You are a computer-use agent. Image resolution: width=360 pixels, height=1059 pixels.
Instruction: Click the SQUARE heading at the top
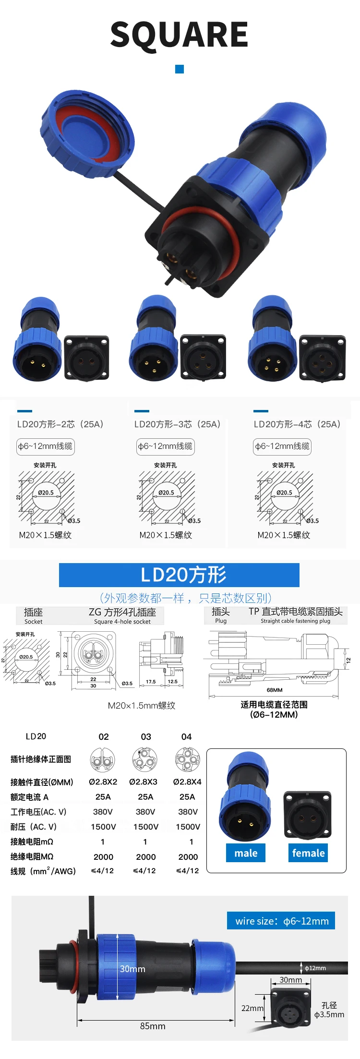179,35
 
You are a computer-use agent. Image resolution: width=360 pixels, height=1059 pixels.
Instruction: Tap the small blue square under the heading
180,69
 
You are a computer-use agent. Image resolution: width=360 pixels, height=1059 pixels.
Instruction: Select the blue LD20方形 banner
179,575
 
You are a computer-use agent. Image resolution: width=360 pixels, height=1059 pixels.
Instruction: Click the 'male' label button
246,853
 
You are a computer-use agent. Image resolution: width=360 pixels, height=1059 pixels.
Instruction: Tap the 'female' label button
308,853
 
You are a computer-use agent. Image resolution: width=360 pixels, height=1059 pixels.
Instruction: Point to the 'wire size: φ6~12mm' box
281,921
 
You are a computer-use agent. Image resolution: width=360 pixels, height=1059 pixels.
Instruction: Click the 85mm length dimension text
153,1026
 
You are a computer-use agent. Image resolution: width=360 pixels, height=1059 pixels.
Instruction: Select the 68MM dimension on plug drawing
275,690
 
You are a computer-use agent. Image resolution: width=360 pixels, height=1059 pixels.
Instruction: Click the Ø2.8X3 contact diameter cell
143,782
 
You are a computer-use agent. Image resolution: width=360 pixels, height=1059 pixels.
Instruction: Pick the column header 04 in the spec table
187,737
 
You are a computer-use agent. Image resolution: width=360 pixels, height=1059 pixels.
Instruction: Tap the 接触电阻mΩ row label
32,842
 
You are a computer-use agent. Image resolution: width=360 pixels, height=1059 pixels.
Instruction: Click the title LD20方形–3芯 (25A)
177,424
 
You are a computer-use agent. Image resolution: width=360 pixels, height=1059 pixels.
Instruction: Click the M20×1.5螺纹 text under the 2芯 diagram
45,535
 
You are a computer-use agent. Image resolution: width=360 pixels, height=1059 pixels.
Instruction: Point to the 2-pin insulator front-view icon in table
103,760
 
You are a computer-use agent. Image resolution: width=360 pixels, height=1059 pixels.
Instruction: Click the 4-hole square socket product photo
322,358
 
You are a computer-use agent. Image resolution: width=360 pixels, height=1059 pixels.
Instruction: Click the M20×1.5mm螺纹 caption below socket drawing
142,706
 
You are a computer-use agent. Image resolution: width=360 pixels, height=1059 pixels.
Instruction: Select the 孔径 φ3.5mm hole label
329,1010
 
